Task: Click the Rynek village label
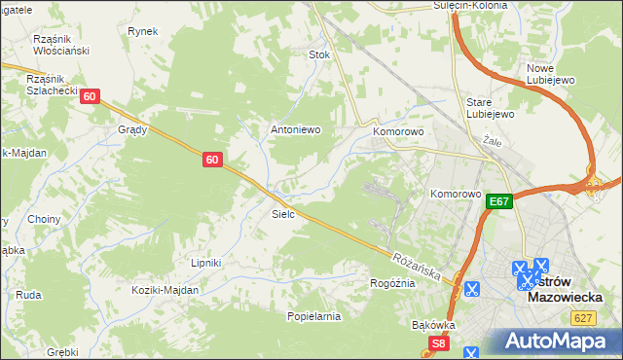pyautogui.click(x=142, y=31)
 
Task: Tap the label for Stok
pyautogui.click(x=320, y=54)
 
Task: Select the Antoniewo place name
pyautogui.click(x=295, y=128)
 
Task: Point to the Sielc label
pyautogui.click(x=283, y=213)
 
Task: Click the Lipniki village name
pyautogui.click(x=206, y=263)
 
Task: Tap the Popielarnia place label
pyautogui.click(x=313, y=316)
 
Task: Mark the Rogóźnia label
pyautogui.click(x=392, y=283)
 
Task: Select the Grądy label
pyautogui.click(x=132, y=128)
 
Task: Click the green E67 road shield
pyautogui.click(x=499, y=201)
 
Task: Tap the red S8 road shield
pyautogui.click(x=439, y=343)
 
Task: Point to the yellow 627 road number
pyautogui.click(x=584, y=318)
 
